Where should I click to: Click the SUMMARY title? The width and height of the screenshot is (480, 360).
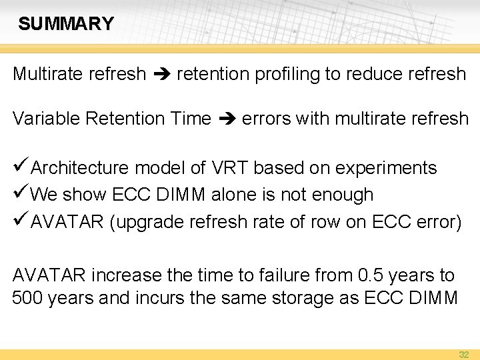(66, 24)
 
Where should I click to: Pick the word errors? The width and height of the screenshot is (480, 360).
(266, 119)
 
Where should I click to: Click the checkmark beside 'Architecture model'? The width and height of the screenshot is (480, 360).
(21, 167)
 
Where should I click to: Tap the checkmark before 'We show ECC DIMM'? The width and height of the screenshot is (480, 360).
(21, 194)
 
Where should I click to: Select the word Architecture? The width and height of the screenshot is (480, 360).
(81, 168)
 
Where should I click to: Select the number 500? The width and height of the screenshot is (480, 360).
(27, 297)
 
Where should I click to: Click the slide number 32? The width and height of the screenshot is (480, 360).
(463, 355)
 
